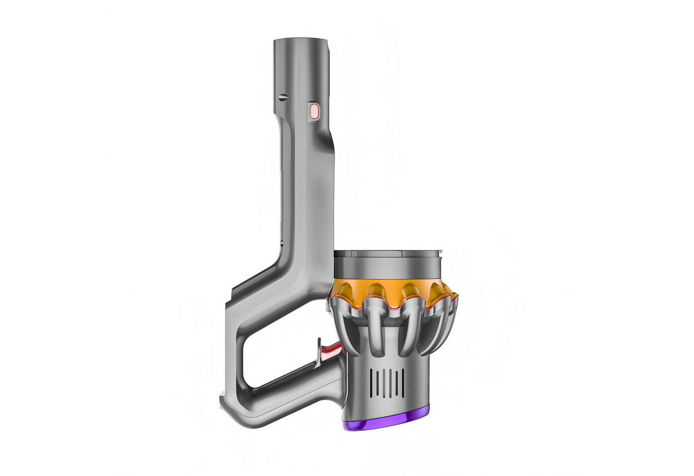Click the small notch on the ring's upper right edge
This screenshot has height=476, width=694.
(440, 256)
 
